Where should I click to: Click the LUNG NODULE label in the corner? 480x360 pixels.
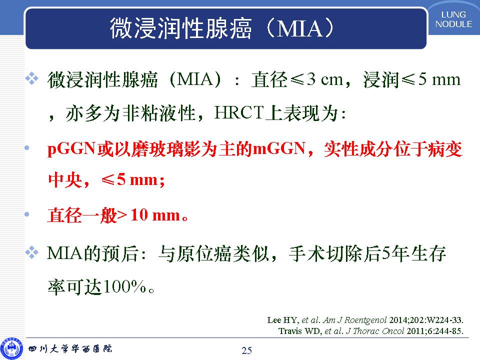tap(453, 19)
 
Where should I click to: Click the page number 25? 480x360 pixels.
tap(246, 350)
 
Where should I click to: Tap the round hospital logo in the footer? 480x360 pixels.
tap(11, 349)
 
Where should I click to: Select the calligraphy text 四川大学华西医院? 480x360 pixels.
tap(70, 348)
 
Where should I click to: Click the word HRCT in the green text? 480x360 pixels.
tap(239, 112)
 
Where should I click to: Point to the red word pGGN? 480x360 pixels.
tap(71, 149)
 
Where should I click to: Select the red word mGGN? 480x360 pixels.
tap(278, 149)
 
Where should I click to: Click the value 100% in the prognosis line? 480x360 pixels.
tap(124, 286)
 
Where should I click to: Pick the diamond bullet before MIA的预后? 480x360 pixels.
tap(32, 252)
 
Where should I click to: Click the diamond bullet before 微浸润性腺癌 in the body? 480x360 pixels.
tap(32, 78)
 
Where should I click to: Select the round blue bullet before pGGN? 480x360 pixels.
tap(27, 148)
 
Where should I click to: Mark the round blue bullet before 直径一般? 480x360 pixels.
tap(27, 214)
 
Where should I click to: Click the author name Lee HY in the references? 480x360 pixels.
tap(282, 320)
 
